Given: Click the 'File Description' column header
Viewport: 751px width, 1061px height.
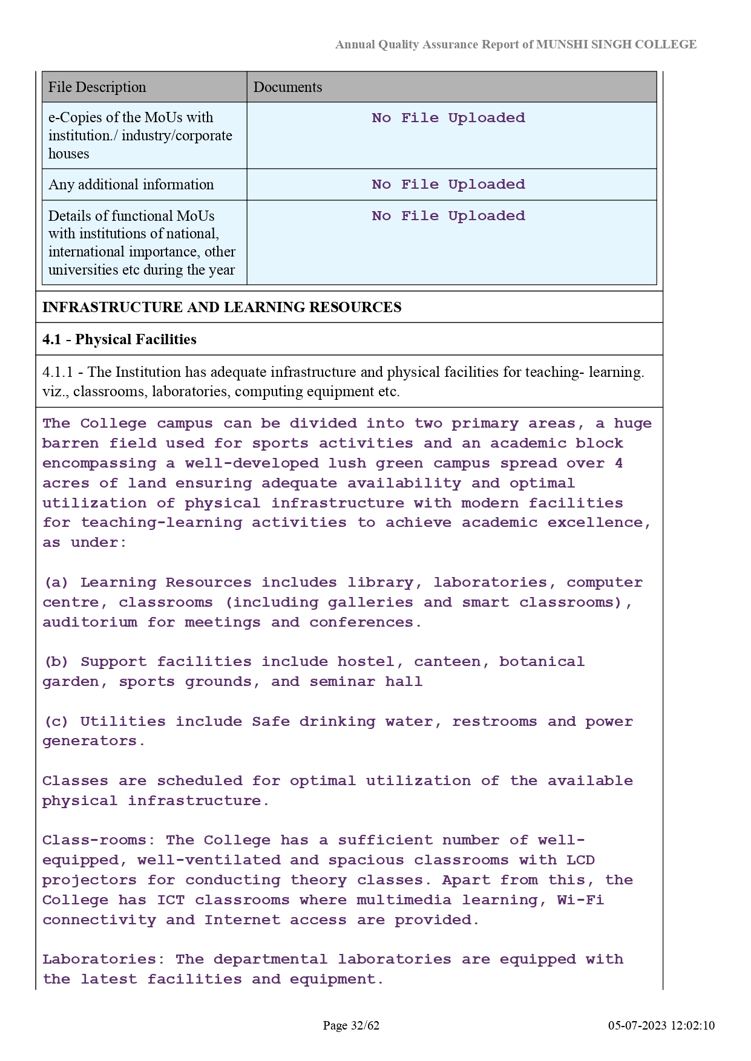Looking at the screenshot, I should tap(97, 87).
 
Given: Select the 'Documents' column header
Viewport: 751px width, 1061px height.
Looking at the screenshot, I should tap(287, 87).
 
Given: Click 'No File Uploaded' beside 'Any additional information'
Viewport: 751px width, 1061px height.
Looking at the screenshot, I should tap(448, 184).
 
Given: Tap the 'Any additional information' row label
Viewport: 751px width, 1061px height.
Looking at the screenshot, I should tap(131, 184).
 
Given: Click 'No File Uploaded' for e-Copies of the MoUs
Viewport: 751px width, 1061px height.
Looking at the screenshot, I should tap(448, 118).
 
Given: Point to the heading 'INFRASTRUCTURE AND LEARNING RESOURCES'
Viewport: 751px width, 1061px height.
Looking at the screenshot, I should tap(221, 307).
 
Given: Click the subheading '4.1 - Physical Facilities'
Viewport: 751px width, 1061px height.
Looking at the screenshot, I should tap(119, 339).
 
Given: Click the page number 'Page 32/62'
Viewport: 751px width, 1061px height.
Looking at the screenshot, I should tap(351, 1025).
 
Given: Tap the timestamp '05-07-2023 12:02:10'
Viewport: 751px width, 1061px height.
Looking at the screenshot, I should tap(661, 1025).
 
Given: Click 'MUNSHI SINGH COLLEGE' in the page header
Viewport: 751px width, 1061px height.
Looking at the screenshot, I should tap(616, 45).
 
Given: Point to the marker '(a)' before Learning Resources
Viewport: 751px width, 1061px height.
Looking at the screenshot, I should tap(56, 583).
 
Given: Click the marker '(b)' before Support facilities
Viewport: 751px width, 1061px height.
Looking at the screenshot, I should tap(56, 662).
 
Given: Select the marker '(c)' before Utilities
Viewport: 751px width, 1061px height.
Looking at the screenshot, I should tap(56, 722).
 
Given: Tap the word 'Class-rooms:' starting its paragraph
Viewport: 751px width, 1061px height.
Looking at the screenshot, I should tap(99, 840).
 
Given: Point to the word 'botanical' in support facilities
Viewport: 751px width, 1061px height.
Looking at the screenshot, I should tap(542, 662).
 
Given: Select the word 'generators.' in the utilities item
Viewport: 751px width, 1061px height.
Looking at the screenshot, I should tap(94, 741).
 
